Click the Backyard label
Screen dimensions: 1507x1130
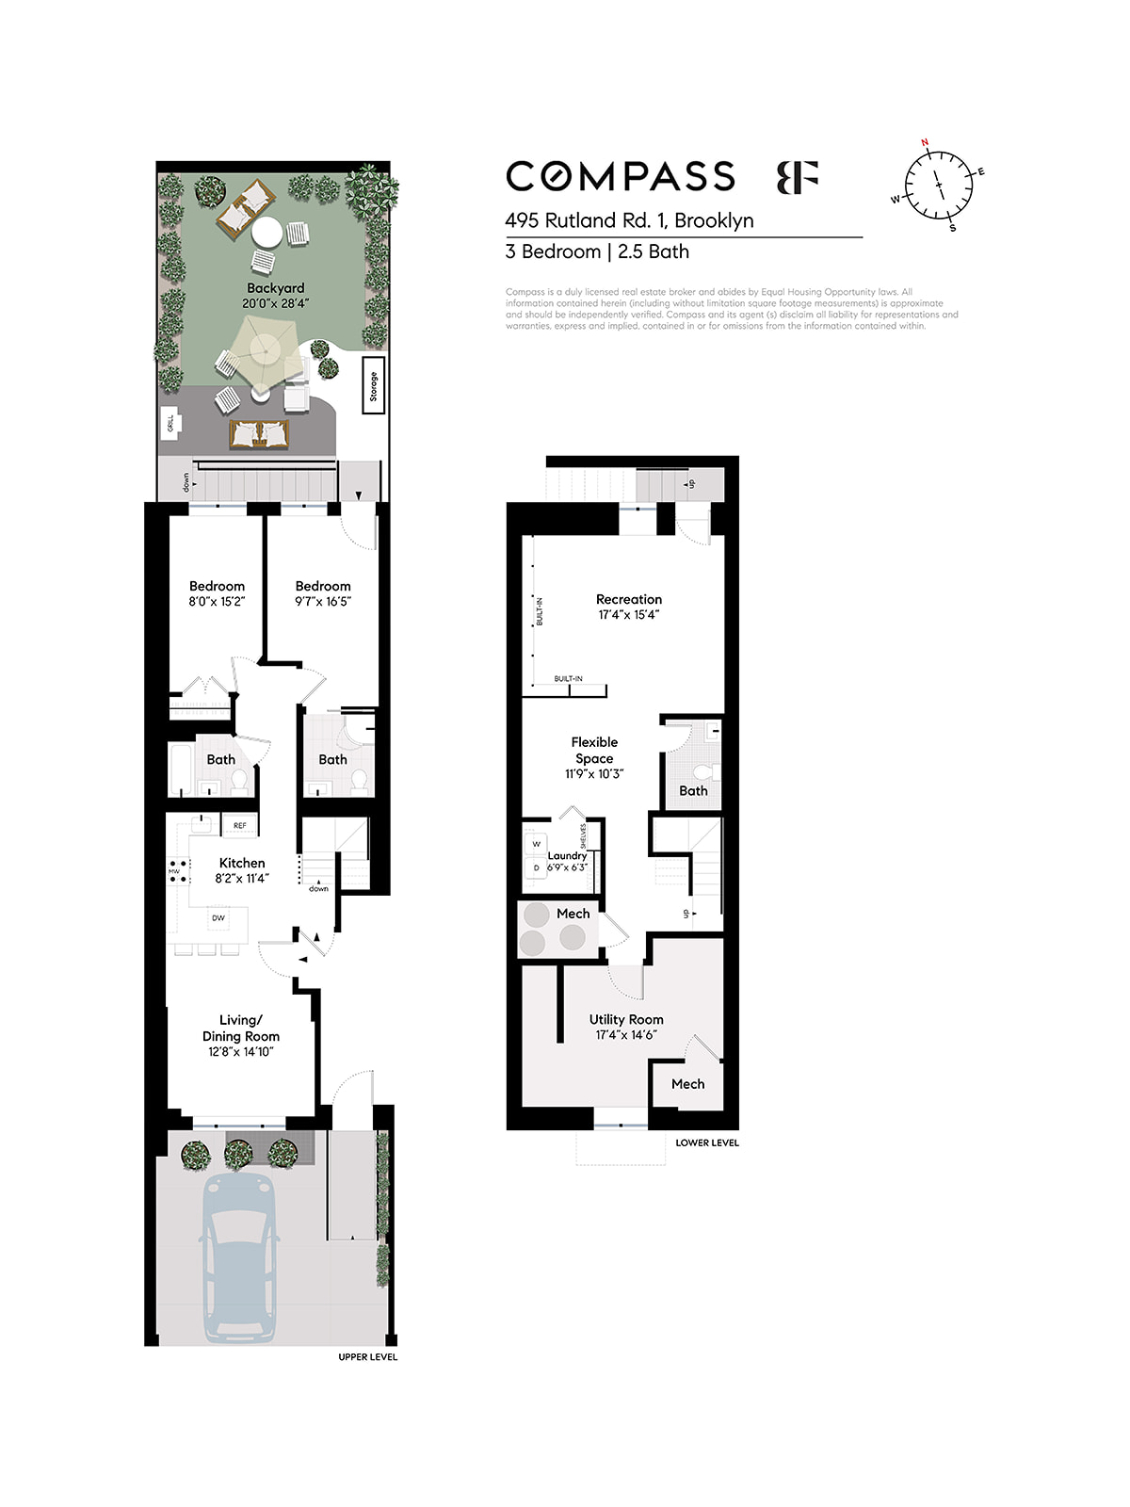(x=275, y=288)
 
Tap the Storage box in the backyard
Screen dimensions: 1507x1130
(x=373, y=386)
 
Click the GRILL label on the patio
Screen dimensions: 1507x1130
(x=170, y=424)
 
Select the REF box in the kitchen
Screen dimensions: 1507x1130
(x=239, y=826)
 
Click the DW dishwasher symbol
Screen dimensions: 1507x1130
(x=218, y=917)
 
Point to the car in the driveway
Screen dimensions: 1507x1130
(x=239, y=1257)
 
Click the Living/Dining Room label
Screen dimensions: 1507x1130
(x=240, y=1028)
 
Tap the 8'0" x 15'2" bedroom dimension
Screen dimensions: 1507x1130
(x=217, y=602)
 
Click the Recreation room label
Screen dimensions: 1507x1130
(x=628, y=599)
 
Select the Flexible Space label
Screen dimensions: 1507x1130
(x=594, y=750)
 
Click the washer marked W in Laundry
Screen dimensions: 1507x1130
(x=536, y=844)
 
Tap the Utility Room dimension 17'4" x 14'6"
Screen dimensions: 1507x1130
(x=626, y=1035)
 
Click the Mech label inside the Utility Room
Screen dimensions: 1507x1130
(x=687, y=1084)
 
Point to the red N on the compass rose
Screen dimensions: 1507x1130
(x=925, y=143)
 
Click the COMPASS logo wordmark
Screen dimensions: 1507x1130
(x=621, y=177)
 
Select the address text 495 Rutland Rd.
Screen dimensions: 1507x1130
(x=584, y=220)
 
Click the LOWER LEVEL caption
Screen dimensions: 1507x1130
(x=707, y=1142)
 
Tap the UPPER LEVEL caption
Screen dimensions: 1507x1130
(x=367, y=1357)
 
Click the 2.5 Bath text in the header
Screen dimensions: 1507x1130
(x=654, y=251)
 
